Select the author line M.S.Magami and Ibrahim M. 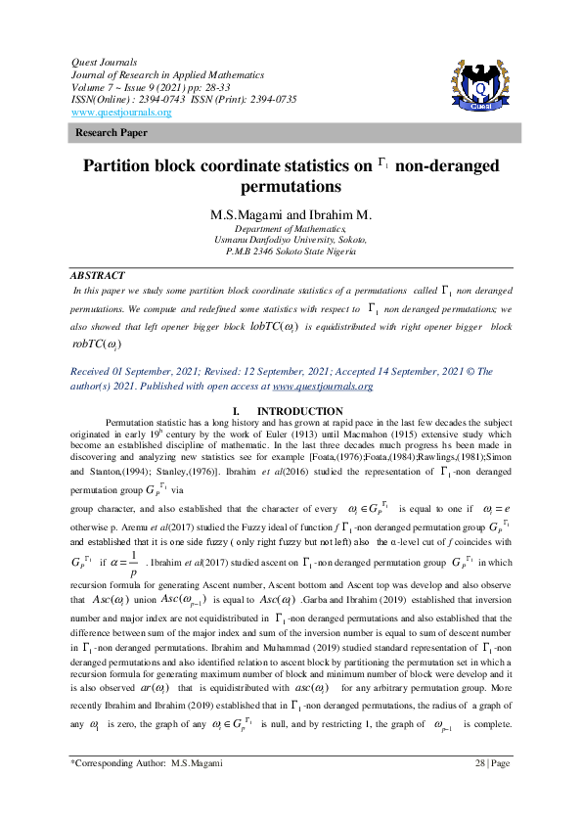click(291, 213)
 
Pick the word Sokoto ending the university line click(349, 239)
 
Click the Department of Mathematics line click(291, 227)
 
